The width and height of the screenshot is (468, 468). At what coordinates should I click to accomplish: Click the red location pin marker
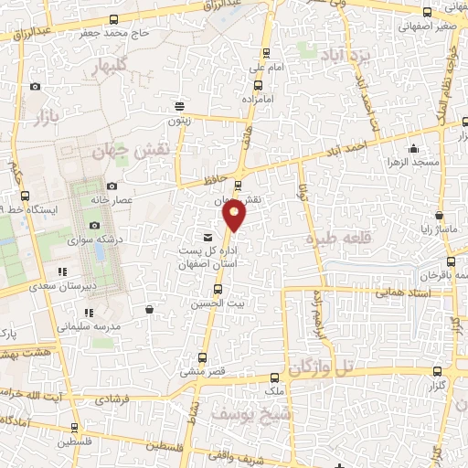pos(235,216)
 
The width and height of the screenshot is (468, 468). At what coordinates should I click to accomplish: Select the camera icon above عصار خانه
pos(112,186)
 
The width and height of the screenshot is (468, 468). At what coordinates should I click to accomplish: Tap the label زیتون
pos(180,119)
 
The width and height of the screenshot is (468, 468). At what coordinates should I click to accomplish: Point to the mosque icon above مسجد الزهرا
pos(414,148)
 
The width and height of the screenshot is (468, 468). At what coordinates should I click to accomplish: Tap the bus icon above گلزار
pos(437,371)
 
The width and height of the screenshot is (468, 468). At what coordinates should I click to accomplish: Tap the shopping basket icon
pos(148,311)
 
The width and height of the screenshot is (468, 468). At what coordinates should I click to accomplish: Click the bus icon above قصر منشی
pos(217,357)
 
